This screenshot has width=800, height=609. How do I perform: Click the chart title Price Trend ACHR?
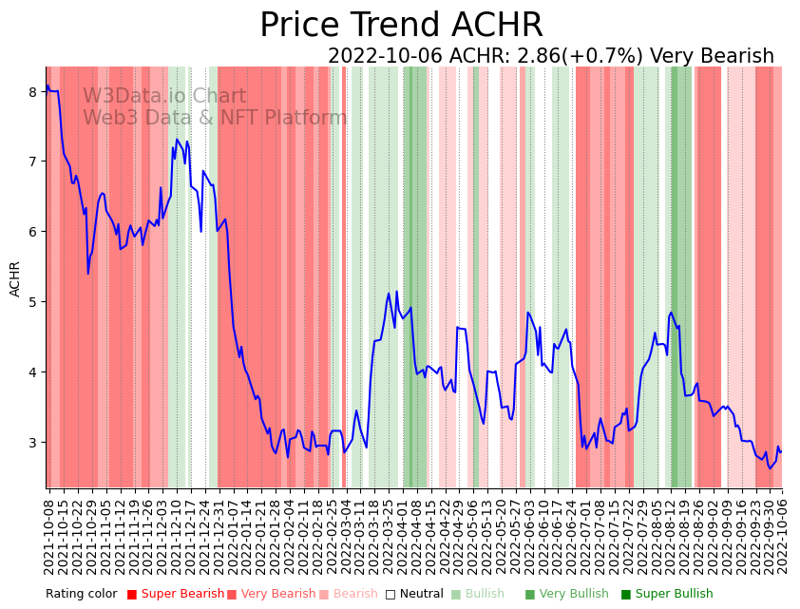400,26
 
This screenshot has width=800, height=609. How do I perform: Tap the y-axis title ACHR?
15,279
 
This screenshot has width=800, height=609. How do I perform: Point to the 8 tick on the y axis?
32,91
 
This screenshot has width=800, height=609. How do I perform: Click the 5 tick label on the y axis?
32,302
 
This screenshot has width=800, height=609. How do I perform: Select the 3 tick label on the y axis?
32,443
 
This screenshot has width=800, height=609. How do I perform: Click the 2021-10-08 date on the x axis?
49,533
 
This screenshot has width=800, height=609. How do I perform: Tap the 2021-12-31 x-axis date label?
219,533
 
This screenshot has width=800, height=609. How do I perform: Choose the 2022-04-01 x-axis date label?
403,533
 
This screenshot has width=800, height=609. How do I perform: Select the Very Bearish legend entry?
276,594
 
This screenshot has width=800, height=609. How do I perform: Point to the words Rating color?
82,594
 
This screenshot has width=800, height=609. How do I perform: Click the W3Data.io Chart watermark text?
164,96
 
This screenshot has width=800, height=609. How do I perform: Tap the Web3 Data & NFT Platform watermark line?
215,118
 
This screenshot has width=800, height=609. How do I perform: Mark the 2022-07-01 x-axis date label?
584,533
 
